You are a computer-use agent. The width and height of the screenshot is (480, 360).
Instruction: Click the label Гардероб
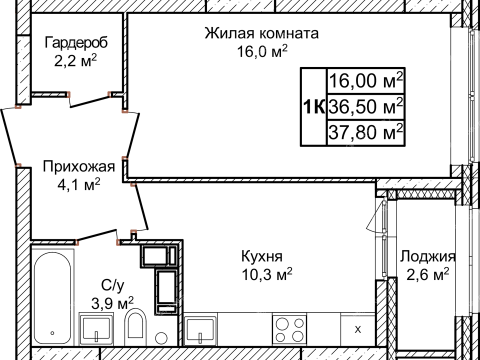pyautogui.click(x=76, y=44)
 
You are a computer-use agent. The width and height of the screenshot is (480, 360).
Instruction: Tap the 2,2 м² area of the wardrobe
pyautogui.click(x=76, y=62)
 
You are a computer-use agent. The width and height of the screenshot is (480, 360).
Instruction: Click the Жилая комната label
pyautogui.click(x=261, y=33)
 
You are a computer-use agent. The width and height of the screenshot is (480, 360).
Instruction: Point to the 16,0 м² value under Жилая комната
pyautogui.click(x=261, y=51)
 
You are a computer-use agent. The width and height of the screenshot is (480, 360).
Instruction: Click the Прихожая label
pyautogui.click(x=77, y=166)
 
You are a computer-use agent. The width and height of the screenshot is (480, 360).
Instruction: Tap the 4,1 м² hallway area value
pyautogui.click(x=77, y=184)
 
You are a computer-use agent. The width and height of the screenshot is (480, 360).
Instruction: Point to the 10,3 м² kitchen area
pyautogui.click(x=262, y=273)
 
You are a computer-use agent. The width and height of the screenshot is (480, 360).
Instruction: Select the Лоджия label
pyautogui.click(x=426, y=255)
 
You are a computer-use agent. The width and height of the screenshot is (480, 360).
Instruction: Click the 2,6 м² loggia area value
pyautogui.click(x=426, y=273)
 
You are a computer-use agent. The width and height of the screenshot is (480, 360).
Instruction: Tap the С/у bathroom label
pyautogui.click(x=113, y=284)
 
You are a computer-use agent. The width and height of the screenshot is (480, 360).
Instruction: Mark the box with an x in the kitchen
pyautogui.click(x=358, y=328)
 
